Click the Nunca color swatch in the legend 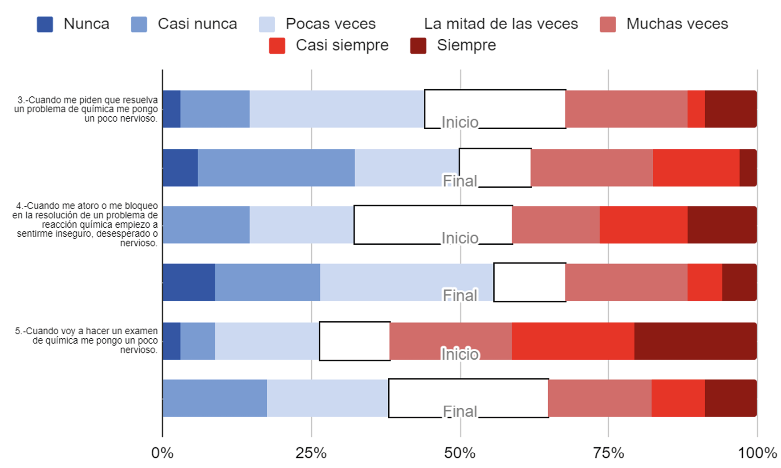(x=45, y=25)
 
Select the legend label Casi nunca (x=197, y=24)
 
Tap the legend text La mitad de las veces (x=500, y=24)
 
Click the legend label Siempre (x=466, y=45)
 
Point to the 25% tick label (x=311, y=453)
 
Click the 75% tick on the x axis (x=608, y=453)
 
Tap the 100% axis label (x=757, y=453)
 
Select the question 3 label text (x=86, y=109)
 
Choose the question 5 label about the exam (x=87, y=341)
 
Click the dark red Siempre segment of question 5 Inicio (x=695, y=341)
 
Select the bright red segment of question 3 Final (x=696, y=168)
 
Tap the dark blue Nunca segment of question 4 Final (x=189, y=282)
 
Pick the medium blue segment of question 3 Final (x=276, y=168)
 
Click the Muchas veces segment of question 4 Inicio (x=556, y=225)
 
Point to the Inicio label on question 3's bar (x=460, y=123)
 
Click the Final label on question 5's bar (x=460, y=411)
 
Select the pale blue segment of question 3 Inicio (x=337, y=109)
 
